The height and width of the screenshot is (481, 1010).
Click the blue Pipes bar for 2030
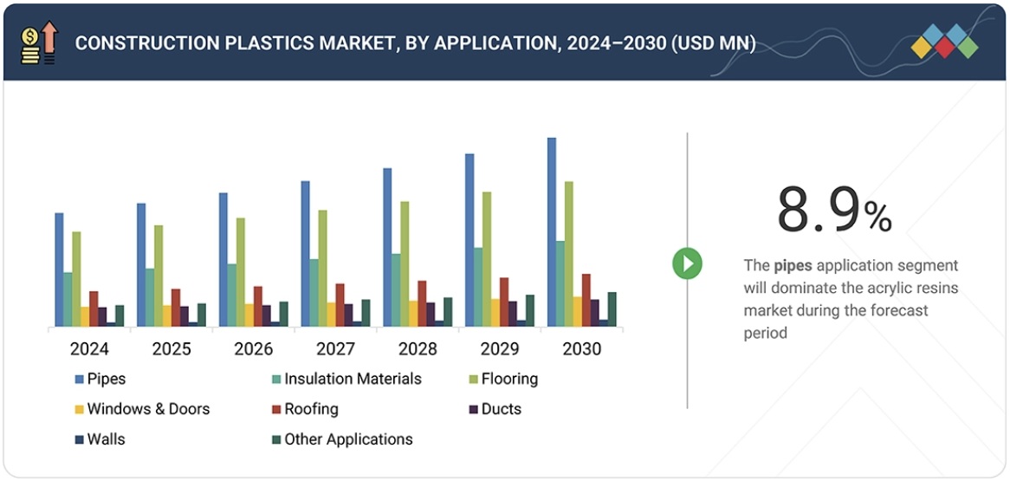click(x=552, y=232)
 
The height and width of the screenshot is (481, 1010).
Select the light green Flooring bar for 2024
click(x=76, y=279)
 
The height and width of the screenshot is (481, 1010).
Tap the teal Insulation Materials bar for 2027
click(x=314, y=293)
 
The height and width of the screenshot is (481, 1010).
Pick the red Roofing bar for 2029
click(x=504, y=302)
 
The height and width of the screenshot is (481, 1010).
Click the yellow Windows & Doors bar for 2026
click(x=249, y=315)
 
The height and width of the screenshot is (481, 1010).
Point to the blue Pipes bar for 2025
click(x=141, y=264)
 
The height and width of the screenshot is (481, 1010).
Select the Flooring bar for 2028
click(x=405, y=263)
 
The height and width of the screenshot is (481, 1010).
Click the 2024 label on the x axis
click(x=89, y=349)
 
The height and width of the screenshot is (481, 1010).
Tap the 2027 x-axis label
click(x=335, y=349)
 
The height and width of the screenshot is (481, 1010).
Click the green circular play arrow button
click(x=687, y=263)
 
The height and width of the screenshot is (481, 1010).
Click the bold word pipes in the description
click(x=793, y=265)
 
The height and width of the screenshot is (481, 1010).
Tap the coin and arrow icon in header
click(x=38, y=43)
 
